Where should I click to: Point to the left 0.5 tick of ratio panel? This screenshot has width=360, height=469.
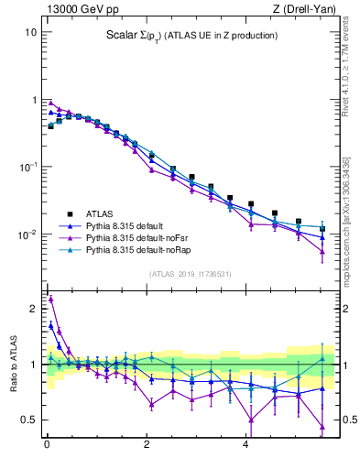[28, 420]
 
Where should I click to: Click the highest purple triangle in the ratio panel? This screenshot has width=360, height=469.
[51, 299]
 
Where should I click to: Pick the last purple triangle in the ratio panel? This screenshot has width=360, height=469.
[322, 426]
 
